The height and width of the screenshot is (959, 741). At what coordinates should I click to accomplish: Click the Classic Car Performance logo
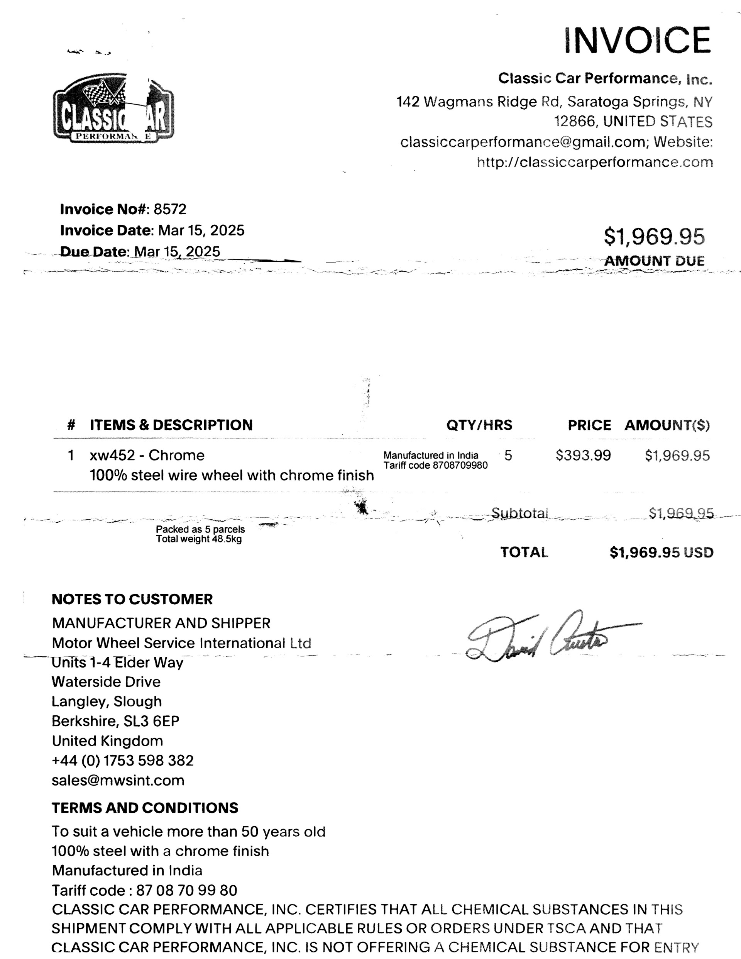(113, 108)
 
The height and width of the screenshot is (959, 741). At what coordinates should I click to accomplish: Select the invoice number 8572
(170, 209)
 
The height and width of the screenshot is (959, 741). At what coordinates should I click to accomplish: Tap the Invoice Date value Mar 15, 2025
(201, 230)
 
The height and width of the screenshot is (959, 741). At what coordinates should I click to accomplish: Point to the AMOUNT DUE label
(654, 261)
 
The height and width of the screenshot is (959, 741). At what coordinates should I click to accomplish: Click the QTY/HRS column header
(479, 425)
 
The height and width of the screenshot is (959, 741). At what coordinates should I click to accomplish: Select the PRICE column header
(589, 425)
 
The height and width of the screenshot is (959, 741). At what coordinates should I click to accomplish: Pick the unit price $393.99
(583, 455)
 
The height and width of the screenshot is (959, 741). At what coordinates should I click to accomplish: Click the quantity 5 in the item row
(508, 455)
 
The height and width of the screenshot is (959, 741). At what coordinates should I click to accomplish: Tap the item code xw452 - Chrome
(147, 455)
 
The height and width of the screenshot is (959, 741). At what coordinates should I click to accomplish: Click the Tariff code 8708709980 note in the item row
(435, 466)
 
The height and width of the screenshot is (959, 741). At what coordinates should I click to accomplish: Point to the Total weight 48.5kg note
(199, 539)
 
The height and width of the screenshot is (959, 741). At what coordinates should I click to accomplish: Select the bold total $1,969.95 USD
(661, 552)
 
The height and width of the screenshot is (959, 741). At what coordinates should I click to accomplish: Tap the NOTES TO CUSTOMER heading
(132, 599)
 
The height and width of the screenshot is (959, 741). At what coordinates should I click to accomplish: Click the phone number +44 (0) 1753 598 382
(122, 761)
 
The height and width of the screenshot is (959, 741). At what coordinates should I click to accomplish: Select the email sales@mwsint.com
(118, 780)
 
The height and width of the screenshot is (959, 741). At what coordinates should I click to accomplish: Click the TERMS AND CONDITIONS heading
(145, 808)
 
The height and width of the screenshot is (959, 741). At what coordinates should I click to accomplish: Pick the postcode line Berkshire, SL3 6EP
(115, 721)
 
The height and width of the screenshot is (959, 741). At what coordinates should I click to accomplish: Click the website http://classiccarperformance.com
(595, 163)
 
